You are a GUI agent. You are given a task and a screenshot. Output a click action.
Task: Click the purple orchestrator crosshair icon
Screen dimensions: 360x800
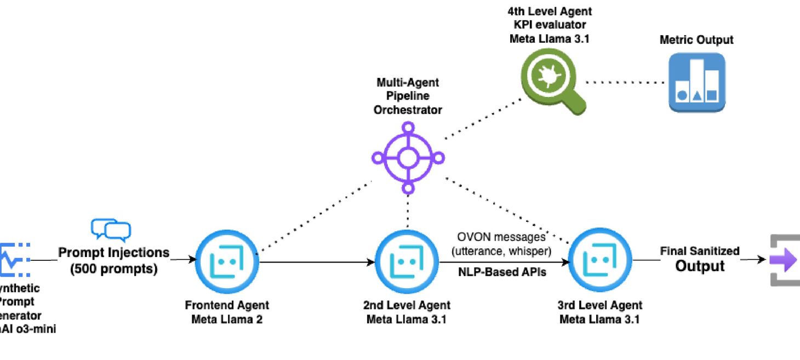pos(407,158)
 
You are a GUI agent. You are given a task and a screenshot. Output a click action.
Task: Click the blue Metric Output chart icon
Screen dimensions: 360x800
pos(696,83)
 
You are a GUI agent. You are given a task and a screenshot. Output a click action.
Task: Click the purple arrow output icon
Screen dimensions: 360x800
pos(785,260)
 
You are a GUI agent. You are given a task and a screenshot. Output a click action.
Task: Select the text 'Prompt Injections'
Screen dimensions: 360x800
pos(114,253)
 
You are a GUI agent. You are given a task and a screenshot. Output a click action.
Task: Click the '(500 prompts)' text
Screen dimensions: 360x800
pos(114,269)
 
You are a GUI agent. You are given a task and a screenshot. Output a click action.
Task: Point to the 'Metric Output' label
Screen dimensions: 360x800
pos(696,40)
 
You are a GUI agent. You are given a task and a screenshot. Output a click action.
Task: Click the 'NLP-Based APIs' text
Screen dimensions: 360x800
pos(502,272)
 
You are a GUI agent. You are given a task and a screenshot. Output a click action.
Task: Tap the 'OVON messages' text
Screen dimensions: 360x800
pos(501,237)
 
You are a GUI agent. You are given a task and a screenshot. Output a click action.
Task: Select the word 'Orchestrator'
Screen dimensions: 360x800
pos(407,110)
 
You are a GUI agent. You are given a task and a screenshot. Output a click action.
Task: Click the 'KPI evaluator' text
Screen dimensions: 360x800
pos(550,25)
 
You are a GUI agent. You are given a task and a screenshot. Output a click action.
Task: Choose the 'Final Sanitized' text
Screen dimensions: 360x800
pos(700,251)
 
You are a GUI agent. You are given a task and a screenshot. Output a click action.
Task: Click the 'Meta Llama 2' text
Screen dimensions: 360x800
pos(227,319)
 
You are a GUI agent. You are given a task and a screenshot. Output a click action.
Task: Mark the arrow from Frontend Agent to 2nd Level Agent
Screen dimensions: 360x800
pos(318,262)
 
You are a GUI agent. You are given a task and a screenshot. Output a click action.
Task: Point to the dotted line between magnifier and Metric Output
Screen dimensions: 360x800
pos(625,83)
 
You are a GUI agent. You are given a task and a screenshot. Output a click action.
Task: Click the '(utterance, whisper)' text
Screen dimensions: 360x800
pos(501,250)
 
